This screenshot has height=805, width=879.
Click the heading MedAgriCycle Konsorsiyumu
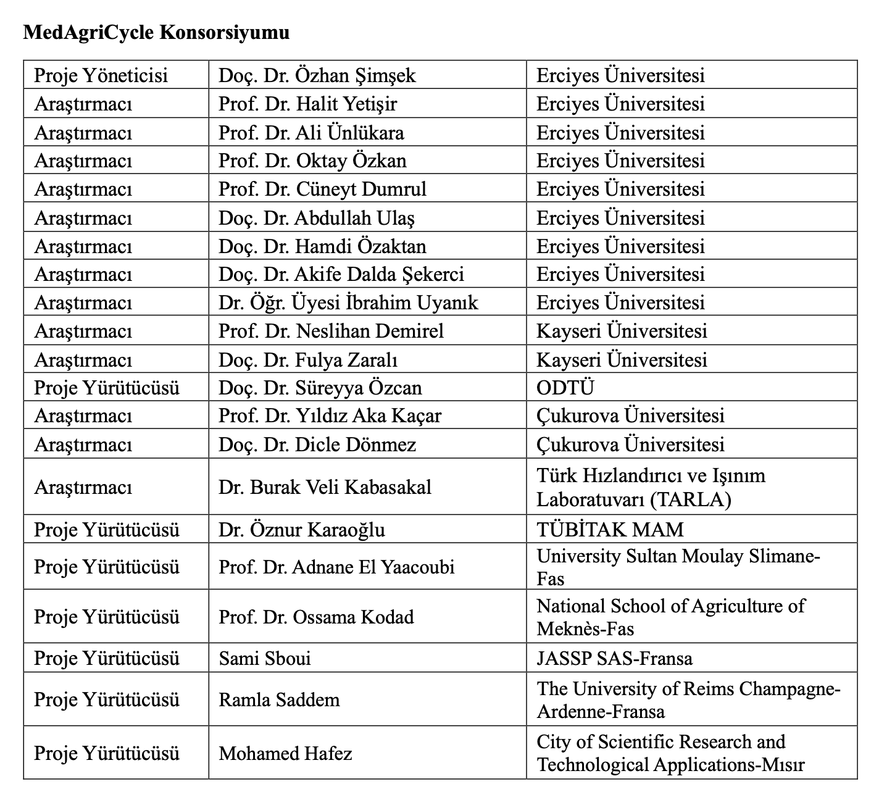156,32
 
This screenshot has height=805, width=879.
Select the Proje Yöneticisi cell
101,75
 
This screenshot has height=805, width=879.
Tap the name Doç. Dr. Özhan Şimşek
317,75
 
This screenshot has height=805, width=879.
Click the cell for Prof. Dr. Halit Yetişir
307,104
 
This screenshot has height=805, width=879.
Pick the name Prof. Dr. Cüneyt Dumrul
322,189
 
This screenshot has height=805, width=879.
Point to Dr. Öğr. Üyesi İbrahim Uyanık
348,302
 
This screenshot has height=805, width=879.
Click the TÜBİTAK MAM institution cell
610,529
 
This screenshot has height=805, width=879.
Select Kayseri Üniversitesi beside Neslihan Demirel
622,331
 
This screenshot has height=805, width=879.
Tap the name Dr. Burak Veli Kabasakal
325,487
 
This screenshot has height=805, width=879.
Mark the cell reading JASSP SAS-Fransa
614,658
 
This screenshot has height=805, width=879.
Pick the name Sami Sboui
265,658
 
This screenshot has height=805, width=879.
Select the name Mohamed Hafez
285,753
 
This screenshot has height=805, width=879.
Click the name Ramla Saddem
279,699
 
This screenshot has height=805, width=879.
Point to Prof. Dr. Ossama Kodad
316,617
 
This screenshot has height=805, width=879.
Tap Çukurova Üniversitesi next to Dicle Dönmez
630,444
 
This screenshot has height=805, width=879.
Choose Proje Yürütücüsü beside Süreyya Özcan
107,388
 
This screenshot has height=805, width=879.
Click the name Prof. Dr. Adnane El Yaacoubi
336,567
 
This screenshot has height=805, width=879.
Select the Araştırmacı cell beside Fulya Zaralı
83,360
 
